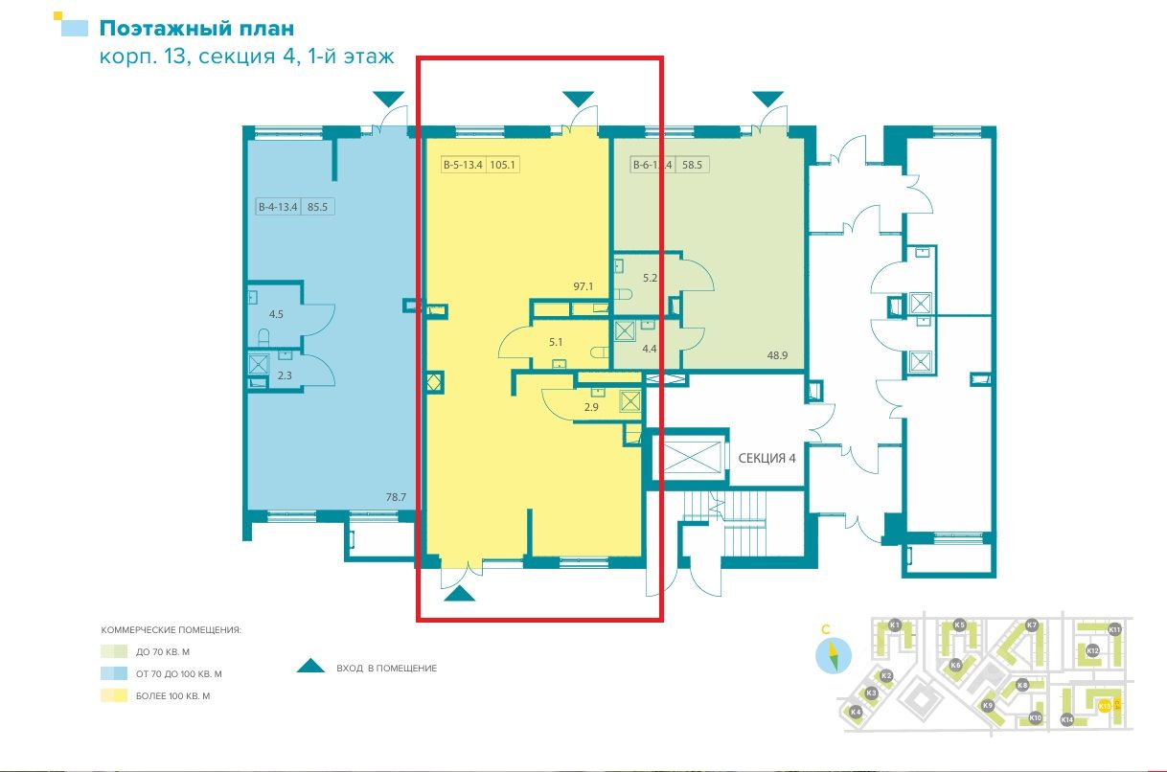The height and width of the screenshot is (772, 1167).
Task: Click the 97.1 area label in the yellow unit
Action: [584, 286]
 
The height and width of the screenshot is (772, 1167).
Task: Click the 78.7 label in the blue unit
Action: [396, 497]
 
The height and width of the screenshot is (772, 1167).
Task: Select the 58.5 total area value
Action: [692, 165]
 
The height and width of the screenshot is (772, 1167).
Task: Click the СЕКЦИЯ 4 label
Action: [767, 458]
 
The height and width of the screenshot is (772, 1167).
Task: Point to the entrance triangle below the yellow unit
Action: [460, 595]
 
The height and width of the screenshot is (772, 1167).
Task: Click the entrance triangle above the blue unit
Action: [388, 98]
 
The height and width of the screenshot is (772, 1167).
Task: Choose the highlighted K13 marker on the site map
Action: [1104, 706]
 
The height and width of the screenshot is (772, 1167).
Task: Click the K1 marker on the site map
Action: [894, 625]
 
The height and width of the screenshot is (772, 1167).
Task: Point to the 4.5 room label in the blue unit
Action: [276, 313]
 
